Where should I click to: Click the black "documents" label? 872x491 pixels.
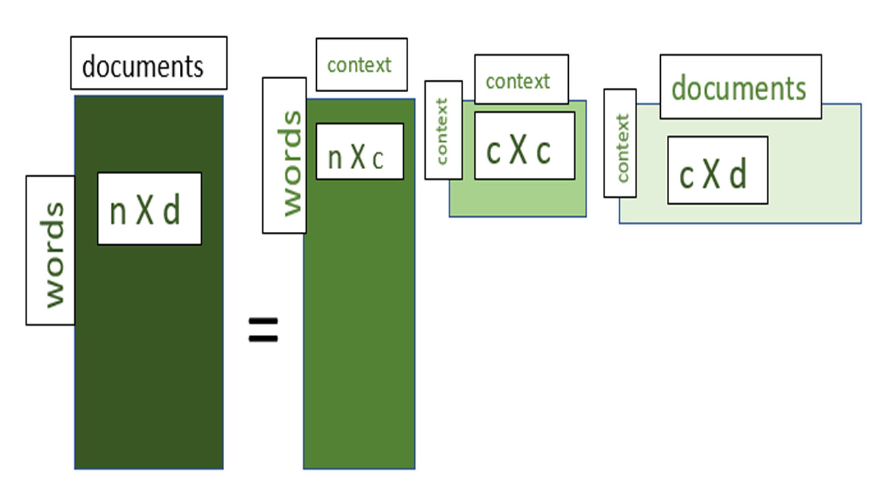click(x=148, y=63)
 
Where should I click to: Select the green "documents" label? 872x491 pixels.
click(x=740, y=87)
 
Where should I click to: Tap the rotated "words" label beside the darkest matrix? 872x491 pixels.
click(x=50, y=250)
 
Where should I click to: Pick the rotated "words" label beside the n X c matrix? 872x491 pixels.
click(x=284, y=156)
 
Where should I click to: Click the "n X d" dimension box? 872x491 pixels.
click(x=149, y=209)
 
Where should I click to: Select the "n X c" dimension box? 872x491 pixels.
click(x=359, y=151)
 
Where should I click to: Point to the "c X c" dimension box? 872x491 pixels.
click(x=524, y=146)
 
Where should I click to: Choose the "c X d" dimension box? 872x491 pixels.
click(x=717, y=170)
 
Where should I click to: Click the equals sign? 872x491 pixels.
click(x=263, y=330)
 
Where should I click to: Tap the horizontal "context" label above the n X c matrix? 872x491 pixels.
click(x=361, y=65)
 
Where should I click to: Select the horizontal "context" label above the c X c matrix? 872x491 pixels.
click(x=521, y=80)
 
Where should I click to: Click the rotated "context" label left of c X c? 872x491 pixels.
click(x=443, y=130)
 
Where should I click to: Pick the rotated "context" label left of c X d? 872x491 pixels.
click(x=620, y=144)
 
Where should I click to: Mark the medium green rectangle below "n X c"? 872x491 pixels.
click(x=359, y=327)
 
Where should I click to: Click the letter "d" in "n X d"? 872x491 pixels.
click(x=172, y=210)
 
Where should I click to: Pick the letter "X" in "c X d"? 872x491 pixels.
click(x=712, y=175)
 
